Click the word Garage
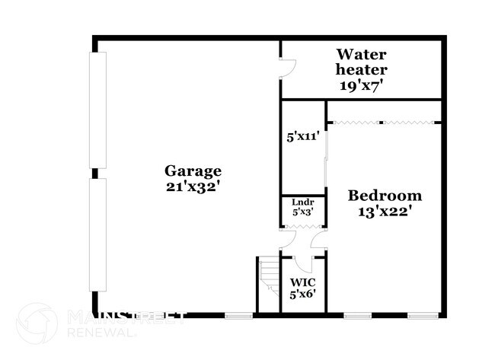tap(193, 170)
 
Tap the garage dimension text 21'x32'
tap(193, 186)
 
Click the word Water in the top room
tap(362, 54)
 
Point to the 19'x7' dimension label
tap(362, 85)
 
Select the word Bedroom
tap(385, 196)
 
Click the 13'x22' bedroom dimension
tap(385, 212)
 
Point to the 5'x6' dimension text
tap(302, 295)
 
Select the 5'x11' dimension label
tap(302, 136)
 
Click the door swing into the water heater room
tap(287, 70)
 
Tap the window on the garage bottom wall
tap(238, 314)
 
